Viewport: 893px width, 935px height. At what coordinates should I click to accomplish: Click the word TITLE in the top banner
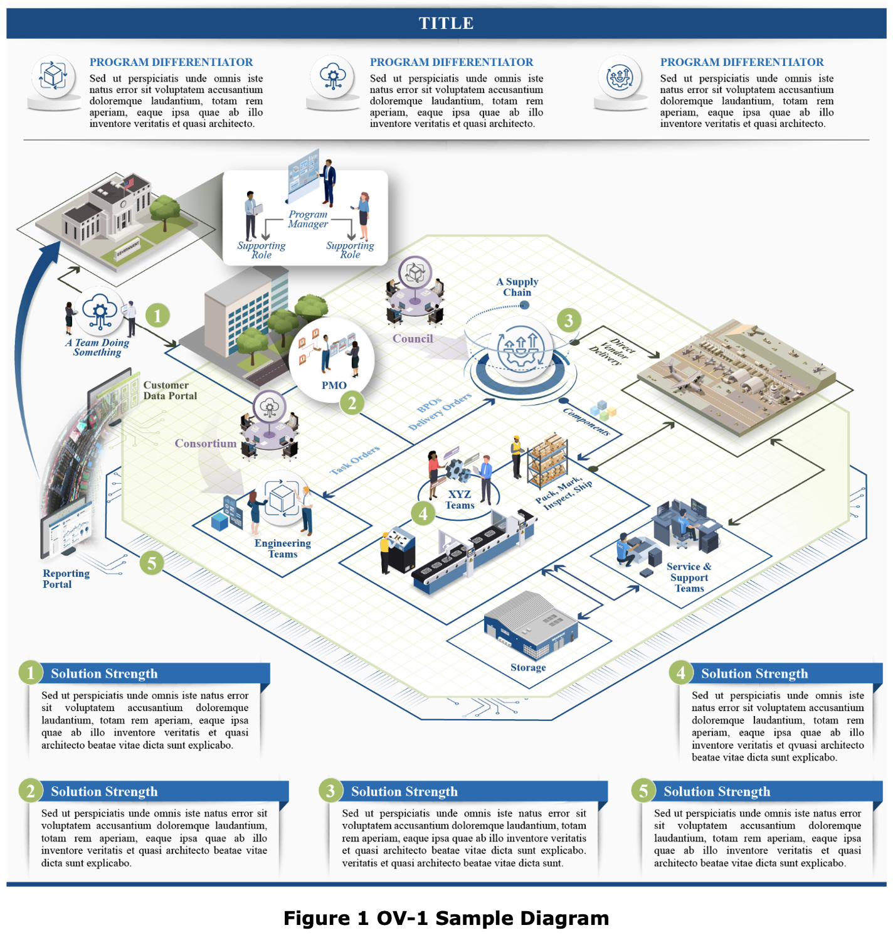coord(446,23)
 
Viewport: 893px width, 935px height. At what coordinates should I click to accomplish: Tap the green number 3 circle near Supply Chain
coord(569,321)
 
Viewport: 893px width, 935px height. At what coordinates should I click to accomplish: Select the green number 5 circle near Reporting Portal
coord(152,563)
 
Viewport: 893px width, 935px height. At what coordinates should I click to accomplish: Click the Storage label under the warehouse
coord(528,667)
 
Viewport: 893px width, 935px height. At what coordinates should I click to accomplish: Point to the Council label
coord(413,339)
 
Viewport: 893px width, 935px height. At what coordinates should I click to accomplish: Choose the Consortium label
coord(206,444)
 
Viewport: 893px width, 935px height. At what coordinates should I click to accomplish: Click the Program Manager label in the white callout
coord(308,219)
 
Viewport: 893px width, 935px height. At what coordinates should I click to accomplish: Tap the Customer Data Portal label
coord(170,390)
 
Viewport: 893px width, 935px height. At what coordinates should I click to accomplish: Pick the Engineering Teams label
coord(283,548)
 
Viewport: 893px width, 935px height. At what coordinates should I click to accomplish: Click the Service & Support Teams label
coord(689,577)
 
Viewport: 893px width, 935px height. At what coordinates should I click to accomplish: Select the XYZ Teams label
coord(460,500)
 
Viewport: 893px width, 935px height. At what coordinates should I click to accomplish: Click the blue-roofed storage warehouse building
coord(530,624)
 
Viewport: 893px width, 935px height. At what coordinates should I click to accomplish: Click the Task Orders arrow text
coord(355,460)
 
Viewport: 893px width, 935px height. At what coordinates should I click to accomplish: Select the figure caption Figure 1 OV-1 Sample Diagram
coord(446,918)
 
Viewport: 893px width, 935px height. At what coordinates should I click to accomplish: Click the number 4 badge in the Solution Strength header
coord(681,673)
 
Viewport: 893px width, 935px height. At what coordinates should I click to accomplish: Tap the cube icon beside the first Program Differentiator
coord(54,77)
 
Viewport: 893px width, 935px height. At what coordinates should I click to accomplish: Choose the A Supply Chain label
coord(517,287)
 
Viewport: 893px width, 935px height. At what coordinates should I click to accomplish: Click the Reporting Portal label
coord(66,579)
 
